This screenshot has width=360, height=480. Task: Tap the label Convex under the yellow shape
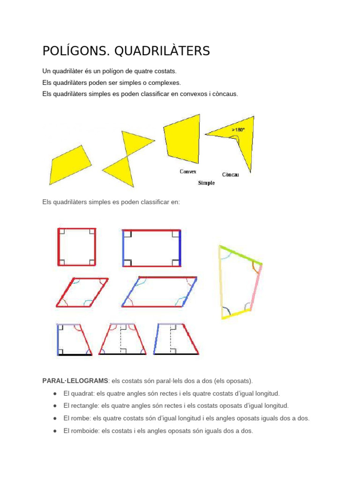[x=188, y=172]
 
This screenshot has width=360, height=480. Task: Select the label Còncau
[x=230, y=174]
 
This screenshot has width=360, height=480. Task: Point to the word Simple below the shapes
[x=206, y=183]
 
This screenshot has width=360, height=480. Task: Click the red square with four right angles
[x=77, y=247]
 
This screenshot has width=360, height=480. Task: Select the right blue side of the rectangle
[x=180, y=248]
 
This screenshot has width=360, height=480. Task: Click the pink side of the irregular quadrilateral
[x=256, y=287]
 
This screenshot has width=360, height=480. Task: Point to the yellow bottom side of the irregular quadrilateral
[x=236, y=315]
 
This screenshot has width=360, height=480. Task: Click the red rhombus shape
[x=82, y=293]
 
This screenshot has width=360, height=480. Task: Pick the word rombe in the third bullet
[x=82, y=418]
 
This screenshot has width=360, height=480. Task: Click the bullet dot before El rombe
[x=55, y=418]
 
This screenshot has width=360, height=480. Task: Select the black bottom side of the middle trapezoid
[x=122, y=354]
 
